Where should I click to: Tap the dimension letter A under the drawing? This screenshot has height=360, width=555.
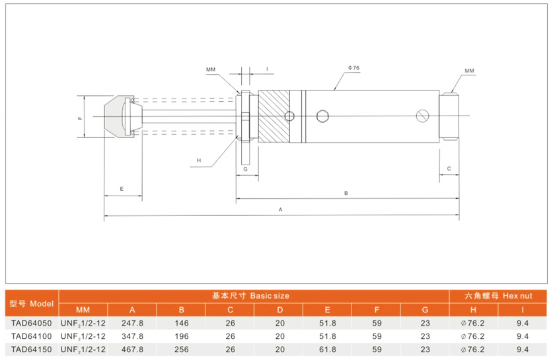tap(281, 209)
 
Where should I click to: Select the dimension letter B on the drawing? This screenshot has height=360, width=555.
tap(346, 193)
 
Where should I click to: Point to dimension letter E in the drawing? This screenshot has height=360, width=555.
tap(122, 189)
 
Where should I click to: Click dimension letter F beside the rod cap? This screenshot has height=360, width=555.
tap(80, 118)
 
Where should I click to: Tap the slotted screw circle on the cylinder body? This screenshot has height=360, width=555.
tap(424, 116)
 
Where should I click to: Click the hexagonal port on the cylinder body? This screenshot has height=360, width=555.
tap(322, 116)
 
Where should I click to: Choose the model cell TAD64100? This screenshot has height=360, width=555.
tap(31, 336)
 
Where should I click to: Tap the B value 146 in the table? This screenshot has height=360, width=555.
tap(181, 324)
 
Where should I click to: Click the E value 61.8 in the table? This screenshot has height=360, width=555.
tap(328, 349)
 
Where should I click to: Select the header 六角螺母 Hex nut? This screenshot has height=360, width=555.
tap(498, 296)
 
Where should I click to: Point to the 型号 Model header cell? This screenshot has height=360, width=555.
tap(31, 303)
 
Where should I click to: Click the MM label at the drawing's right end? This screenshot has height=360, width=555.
tap(469, 70)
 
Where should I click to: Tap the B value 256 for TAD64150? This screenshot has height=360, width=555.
tap(181, 349)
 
